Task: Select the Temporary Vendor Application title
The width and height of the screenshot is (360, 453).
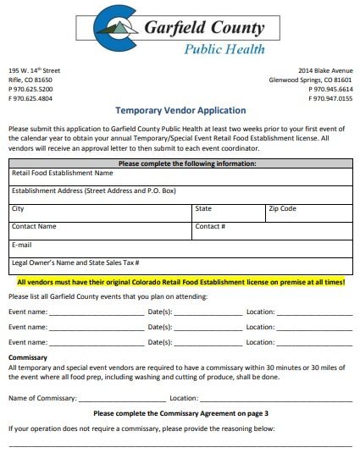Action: tap(180, 111)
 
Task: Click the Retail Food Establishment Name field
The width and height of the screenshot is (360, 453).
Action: tap(63, 173)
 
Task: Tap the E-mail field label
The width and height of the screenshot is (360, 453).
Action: tap(22, 245)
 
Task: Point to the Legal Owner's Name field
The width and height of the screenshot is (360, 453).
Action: tap(76, 263)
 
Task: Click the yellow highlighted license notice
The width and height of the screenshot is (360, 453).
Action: tap(180, 282)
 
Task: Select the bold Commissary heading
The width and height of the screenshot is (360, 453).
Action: tap(28, 358)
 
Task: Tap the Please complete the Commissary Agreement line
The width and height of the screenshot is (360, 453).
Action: tap(180, 413)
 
